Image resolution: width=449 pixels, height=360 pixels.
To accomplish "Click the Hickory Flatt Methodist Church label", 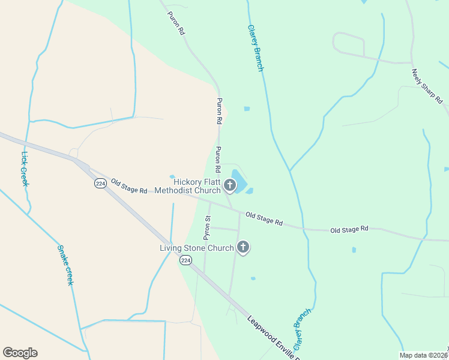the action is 188,187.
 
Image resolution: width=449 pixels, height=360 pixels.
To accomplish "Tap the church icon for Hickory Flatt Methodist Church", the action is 229,187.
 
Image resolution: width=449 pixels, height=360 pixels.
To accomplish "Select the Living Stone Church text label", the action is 196,248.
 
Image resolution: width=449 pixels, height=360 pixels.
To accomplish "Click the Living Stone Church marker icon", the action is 243,247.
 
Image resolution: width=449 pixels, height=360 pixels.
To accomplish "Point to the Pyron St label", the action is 208,227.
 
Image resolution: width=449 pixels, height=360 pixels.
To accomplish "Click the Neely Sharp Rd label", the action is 427,85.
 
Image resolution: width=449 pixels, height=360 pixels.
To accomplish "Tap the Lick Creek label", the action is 25,169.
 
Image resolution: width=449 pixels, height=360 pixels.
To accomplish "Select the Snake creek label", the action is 65,265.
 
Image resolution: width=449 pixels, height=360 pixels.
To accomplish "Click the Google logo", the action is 20,353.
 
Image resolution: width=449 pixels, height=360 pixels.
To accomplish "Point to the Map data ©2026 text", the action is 423,355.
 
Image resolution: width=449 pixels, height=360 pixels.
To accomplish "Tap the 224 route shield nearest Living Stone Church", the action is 185,260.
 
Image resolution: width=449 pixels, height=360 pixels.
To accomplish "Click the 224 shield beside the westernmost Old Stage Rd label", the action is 100,184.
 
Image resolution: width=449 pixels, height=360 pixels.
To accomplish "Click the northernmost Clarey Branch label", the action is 256,48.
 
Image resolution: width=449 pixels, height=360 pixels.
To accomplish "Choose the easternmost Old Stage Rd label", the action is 348,229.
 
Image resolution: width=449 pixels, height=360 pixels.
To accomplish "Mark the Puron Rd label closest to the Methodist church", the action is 219,159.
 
